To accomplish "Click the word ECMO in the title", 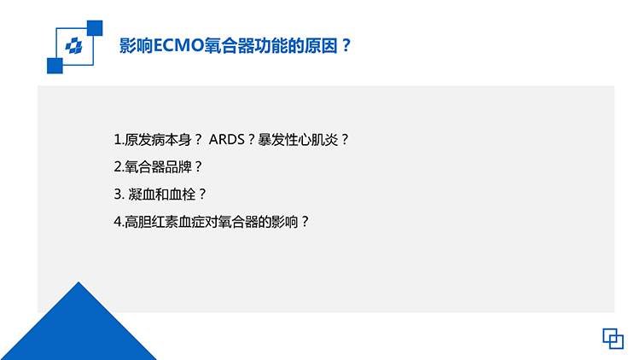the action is click(178, 45).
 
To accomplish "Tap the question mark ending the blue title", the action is click(346, 45).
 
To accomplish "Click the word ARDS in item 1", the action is click(226, 140).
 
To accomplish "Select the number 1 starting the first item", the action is click(117, 140).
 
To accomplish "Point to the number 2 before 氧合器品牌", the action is click(118, 166).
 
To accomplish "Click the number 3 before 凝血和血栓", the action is click(118, 194).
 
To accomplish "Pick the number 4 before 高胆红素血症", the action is click(118, 221).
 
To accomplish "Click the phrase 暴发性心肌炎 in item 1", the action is click(298, 140).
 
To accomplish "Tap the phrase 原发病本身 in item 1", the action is click(158, 140).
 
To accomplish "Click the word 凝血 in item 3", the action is click(142, 194).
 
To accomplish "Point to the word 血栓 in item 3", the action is click(182, 194).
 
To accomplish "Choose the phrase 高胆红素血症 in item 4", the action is click(165, 221).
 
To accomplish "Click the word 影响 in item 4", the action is click(285, 221).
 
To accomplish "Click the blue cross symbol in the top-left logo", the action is click(74, 46).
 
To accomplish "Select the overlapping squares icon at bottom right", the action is click(613, 339).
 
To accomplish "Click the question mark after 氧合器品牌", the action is click(198, 166).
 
